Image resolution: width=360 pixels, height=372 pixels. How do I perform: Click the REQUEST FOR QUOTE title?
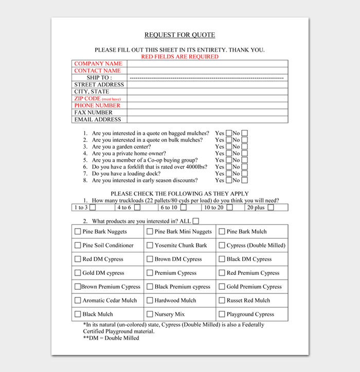click(x=179, y=35)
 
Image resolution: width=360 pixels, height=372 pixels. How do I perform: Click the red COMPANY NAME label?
click(x=98, y=64)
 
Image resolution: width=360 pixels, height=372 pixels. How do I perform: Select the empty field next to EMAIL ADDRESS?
click(x=207, y=119)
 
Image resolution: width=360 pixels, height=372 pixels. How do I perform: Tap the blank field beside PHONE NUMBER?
click(x=207, y=105)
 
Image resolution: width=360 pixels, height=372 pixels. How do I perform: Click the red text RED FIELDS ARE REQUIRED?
click(x=179, y=57)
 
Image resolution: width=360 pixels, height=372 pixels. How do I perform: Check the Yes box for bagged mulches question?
click(x=228, y=133)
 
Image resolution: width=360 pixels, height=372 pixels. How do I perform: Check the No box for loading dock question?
click(x=244, y=174)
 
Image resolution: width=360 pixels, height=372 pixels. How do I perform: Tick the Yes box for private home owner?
click(x=228, y=153)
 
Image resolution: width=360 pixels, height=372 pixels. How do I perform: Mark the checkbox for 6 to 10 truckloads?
click(x=183, y=208)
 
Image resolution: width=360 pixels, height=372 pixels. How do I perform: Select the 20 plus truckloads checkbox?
click(x=271, y=208)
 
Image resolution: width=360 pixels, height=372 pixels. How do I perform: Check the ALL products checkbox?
click(x=196, y=221)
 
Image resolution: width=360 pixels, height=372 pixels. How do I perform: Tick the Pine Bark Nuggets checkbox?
click(x=78, y=232)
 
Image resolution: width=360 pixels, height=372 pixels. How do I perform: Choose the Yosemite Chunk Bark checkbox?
click(x=150, y=246)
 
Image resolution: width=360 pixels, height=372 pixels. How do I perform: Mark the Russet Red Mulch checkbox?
click(x=222, y=301)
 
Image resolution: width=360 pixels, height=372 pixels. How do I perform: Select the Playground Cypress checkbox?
click(x=222, y=314)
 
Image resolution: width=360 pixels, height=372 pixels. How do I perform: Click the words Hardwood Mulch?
click(x=175, y=301)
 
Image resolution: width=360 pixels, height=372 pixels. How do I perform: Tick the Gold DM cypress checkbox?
click(x=78, y=273)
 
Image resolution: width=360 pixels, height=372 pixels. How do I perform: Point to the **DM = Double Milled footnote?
click(x=111, y=338)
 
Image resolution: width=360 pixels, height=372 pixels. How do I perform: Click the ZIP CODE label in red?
click(x=87, y=99)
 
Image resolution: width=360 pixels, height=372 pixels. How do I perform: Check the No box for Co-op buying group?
click(x=244, y=160)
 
